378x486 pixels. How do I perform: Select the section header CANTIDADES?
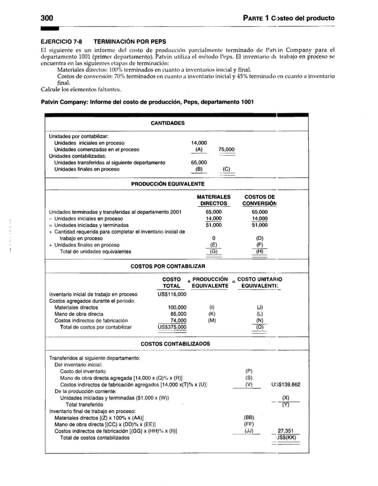pyautogui.click(x=167, y=123)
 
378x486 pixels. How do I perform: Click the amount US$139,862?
pyautogui.click(x=286, y=384)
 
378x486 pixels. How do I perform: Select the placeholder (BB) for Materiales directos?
pyautogui.click(x=249, y=417)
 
